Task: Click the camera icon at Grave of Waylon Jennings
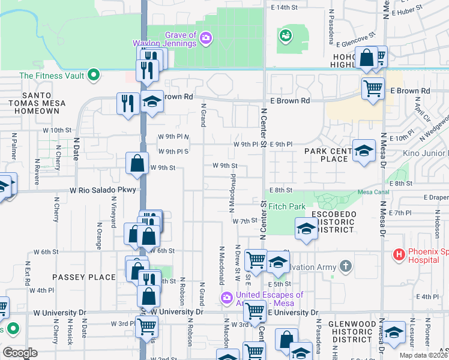tap(206, 38)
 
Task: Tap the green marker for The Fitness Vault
tap(93, 76)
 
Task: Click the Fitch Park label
tap(288, 206)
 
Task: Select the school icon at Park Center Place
tap(364, 150)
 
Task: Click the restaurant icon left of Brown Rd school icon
tap(128, 103)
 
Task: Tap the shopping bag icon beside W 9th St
tap(137, 163)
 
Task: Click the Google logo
tap(20, 353)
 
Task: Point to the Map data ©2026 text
tap(423, 355)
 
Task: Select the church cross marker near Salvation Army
tap(345, 265)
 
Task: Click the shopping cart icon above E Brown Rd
tap(373, 88)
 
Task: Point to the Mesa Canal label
tap(373, 192)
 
